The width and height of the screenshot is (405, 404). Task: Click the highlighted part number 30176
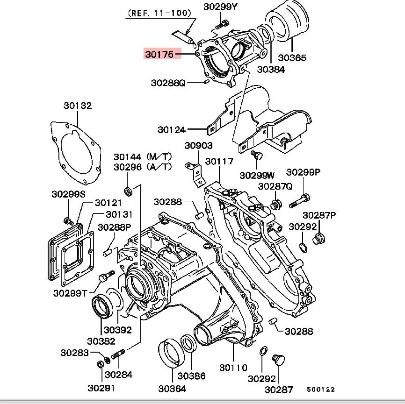tap(159, 54)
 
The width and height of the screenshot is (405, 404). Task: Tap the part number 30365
tap(292, 58)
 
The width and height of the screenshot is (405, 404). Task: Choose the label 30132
tap(78, 106)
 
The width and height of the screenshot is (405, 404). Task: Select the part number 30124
tap(172, 130)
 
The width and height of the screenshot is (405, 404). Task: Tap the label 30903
tap(198, 146)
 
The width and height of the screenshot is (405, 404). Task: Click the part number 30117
tap(219, 162)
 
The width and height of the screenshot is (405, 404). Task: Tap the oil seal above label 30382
tap(101, 306)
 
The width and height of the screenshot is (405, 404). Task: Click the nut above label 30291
tap(101, 364)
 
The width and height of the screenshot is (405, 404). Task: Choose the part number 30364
tap(172, 388)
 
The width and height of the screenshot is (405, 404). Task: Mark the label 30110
tap(233, 368)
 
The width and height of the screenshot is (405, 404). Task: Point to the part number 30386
tap(191, 375)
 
